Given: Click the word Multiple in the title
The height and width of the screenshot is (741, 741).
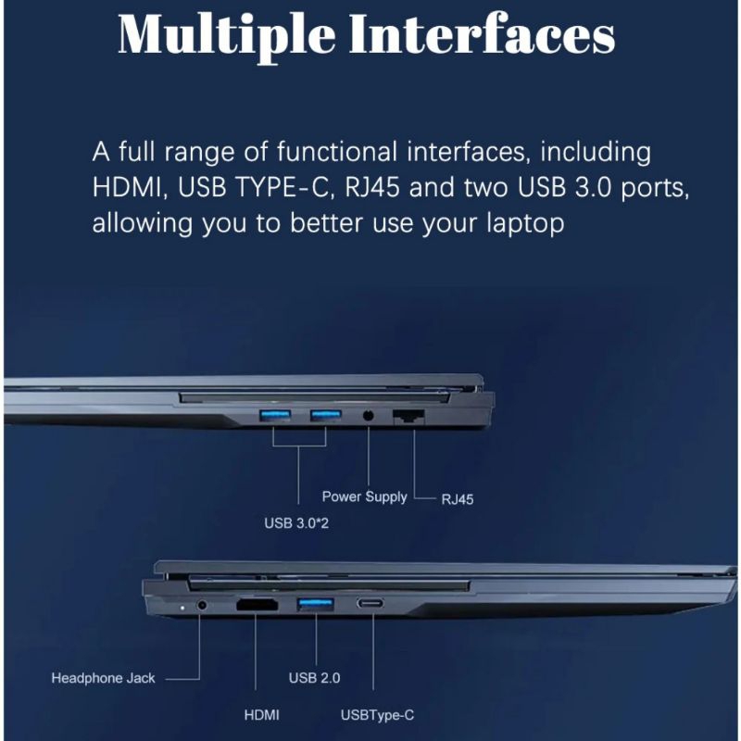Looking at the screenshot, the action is click(227, 35).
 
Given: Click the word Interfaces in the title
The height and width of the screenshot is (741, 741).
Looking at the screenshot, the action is click(482, 33).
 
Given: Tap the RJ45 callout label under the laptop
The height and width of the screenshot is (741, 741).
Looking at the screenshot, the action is click(457, 499).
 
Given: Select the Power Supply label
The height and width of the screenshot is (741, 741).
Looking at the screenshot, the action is click(364, 496).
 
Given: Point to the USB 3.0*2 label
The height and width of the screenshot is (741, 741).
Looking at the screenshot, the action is click(296, 523).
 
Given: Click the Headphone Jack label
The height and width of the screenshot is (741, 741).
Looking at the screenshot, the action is click(103, 678).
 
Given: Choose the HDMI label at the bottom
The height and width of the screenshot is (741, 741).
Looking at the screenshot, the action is click(261, 715).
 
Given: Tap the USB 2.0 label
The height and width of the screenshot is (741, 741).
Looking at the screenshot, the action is click(314, 678).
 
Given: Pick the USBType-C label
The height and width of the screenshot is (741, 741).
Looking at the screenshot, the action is click(377, 715).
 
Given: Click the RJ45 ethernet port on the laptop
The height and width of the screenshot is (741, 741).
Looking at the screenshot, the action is click(408, 418).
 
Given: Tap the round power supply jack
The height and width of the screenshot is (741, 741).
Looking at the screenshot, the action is click(368, 416).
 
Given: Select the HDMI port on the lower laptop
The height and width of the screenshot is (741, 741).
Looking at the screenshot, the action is click(257, 605).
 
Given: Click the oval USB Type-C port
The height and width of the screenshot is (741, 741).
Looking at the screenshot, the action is click(370, 603).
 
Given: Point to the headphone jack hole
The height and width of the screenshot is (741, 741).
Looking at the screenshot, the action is click(202, 605).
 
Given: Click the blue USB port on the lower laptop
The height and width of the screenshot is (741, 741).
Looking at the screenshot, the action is click(316, 604).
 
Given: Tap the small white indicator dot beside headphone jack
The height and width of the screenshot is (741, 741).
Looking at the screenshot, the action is click(182, 608).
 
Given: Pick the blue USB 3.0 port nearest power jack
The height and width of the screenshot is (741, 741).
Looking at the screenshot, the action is click(326, 415).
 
